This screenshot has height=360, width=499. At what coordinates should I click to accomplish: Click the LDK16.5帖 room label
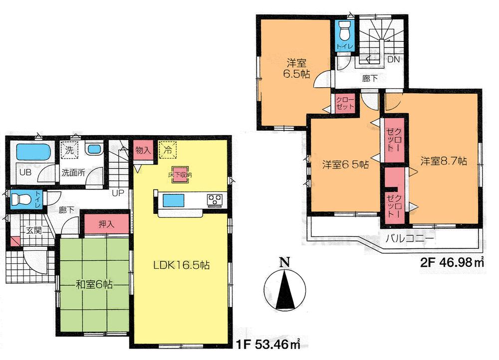pyautogui.click(x=181, y=266)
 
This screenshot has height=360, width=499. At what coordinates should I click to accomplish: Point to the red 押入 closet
pyautogui.click(x=106, y=224)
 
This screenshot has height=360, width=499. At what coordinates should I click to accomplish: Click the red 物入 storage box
pyautogui.click(x=142, y=150)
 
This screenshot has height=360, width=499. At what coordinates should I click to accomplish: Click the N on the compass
pyautogui.click(x=283, y=262)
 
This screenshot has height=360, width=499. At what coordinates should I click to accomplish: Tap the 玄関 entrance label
pyautogui.click(x=33, y=231)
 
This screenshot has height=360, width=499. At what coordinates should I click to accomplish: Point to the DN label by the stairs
pyautogui.click(x=393, y=59)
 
